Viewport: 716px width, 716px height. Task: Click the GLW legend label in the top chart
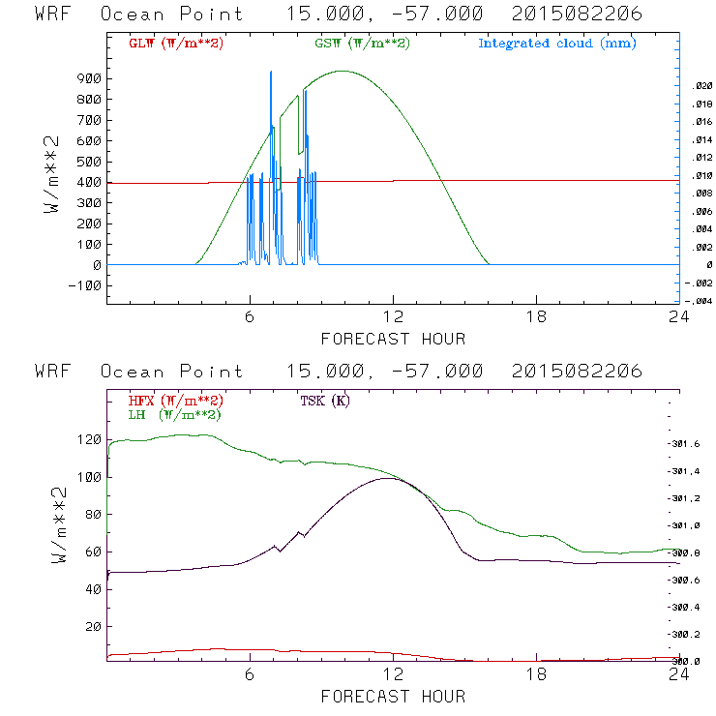[175, 44]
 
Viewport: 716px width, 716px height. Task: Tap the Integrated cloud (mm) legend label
[557, 44]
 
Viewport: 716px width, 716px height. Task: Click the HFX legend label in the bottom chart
[175, 401]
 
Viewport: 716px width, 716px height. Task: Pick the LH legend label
[173, 414]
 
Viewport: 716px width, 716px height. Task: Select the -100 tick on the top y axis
[86, 285]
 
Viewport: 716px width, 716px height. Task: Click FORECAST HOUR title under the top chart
[393, 339]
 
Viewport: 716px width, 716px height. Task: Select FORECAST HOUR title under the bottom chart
[393, 696]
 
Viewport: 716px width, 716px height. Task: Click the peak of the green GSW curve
[343, 71]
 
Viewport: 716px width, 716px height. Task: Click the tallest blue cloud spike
[271, 72]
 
